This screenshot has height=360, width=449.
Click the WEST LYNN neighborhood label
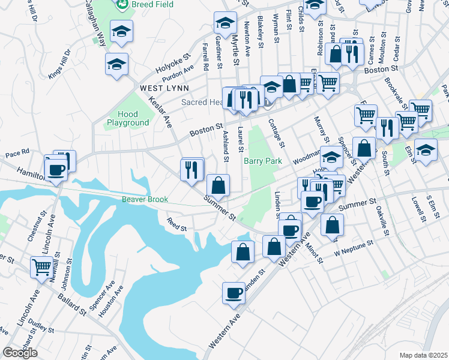click(160, 88)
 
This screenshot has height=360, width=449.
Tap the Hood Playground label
click(128, 118)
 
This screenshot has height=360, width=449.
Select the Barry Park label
click(263, 161)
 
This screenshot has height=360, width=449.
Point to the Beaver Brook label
click(144, 199)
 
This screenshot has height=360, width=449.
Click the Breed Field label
click(152, 5)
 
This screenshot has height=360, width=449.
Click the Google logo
click(20, 353)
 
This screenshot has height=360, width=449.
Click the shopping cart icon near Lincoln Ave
click(41, 267)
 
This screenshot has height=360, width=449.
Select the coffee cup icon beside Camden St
click(233, 293)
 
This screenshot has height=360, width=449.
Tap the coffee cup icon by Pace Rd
click(56, 169)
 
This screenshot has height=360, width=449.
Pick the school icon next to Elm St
click(426, 149)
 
